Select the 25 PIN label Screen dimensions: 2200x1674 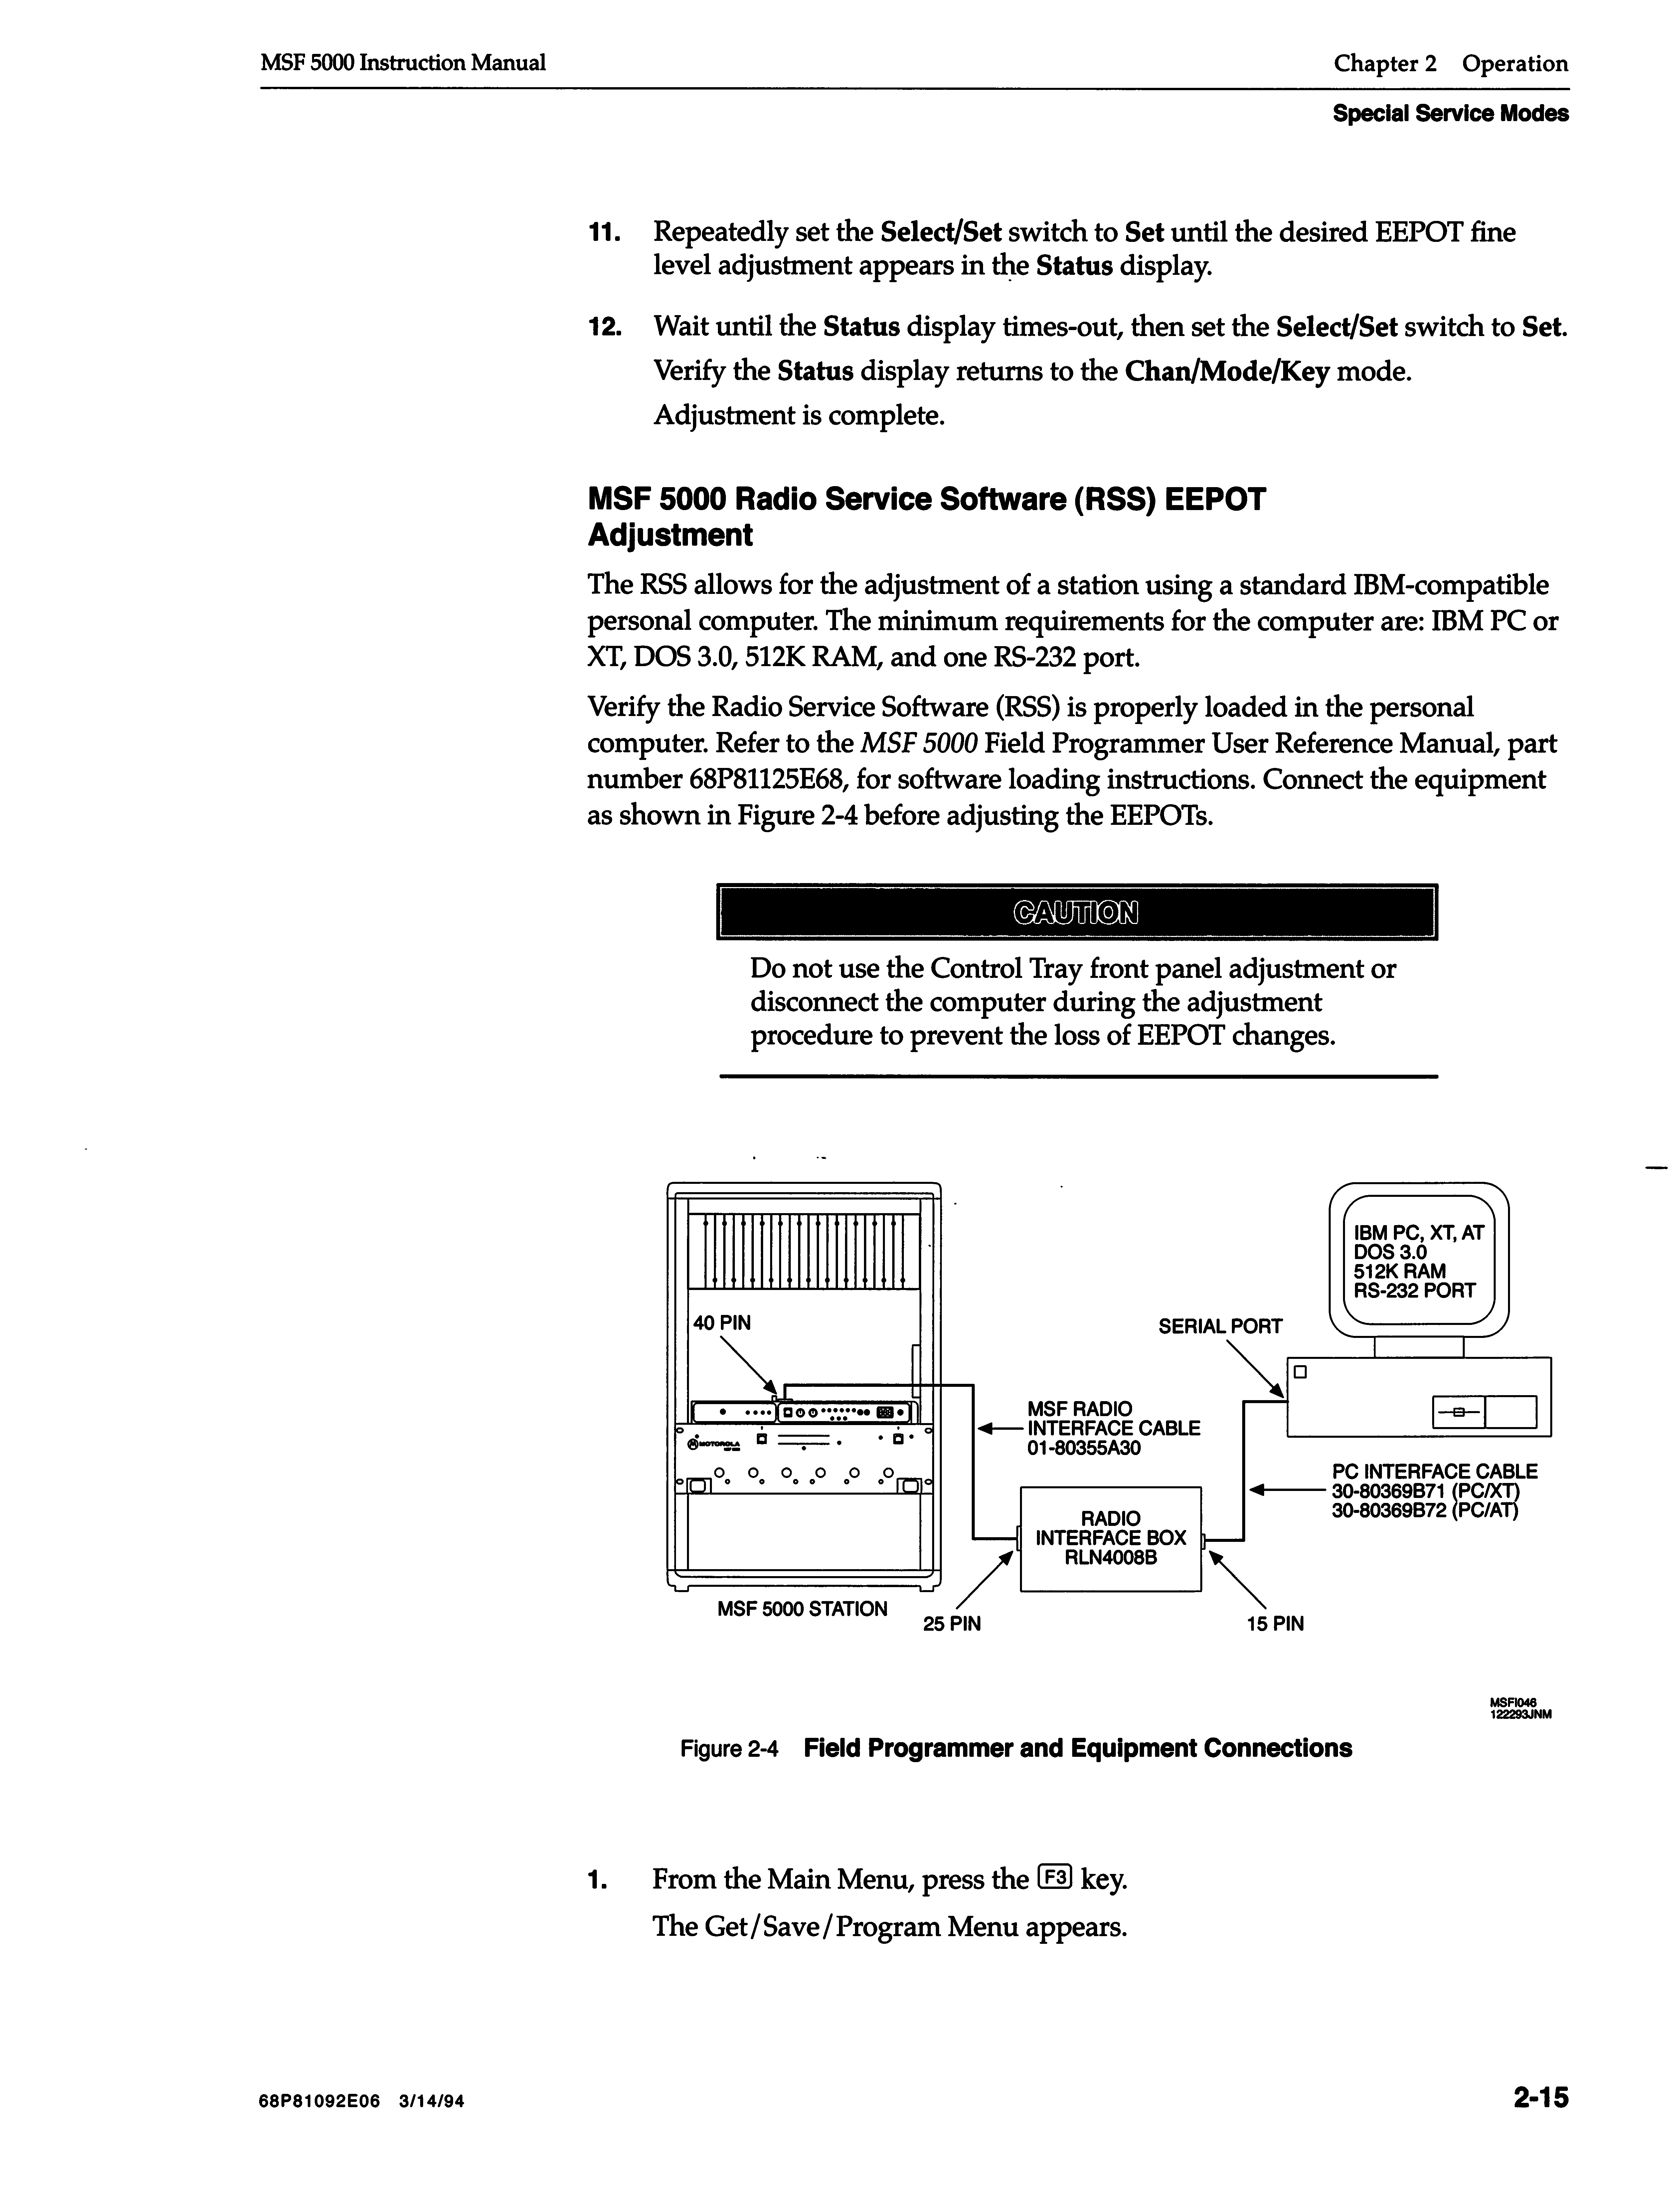click(951, 1624)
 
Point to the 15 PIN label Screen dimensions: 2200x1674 click(1274, 1624)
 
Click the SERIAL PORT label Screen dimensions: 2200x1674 click(1220, 1326)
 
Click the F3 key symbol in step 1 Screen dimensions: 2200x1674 click(1053, 1877)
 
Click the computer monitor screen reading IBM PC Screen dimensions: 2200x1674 click(1419, 1261)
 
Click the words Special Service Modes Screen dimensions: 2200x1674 click(1450, 113)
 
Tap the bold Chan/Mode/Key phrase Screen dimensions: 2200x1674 click(1227, 372)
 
